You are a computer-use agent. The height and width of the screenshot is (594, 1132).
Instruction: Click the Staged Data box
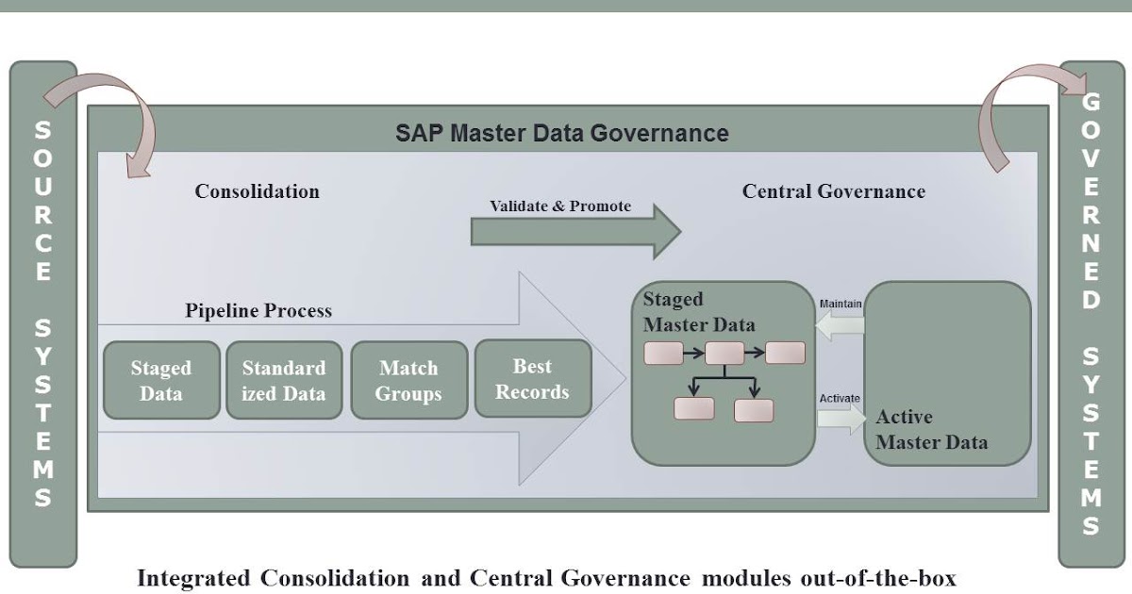coord(160,380)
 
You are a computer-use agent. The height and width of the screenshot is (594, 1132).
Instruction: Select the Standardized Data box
coord(284,380)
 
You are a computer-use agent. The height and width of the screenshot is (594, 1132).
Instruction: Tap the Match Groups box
coord(408,380)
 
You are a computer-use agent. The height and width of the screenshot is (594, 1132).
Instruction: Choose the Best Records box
coord(532,378)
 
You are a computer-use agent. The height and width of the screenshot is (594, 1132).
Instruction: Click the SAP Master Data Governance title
coord(561,133)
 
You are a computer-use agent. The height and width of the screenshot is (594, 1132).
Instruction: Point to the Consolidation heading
coord(257,191)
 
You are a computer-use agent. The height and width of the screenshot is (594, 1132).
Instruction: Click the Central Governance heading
coord(833,191)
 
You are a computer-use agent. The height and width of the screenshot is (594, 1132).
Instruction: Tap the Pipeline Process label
coord(258,310)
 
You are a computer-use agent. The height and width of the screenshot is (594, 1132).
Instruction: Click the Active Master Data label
coord(931,429)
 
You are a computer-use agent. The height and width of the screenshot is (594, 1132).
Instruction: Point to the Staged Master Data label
coord(698,312)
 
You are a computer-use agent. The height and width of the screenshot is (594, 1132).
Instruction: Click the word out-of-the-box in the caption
coord(888,578)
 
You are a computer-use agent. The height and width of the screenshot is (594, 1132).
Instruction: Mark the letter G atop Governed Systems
coord(1090,101)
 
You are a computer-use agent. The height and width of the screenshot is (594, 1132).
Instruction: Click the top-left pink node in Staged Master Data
coord(663,354)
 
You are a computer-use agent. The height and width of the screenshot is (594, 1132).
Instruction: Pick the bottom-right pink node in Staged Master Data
coord(754,410)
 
